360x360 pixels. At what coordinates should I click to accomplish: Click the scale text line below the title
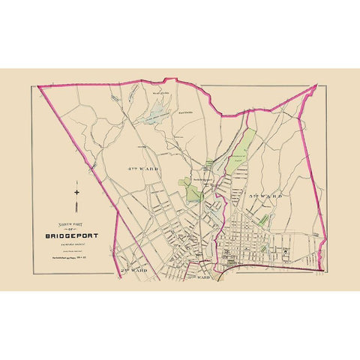click(x=65, y=248)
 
